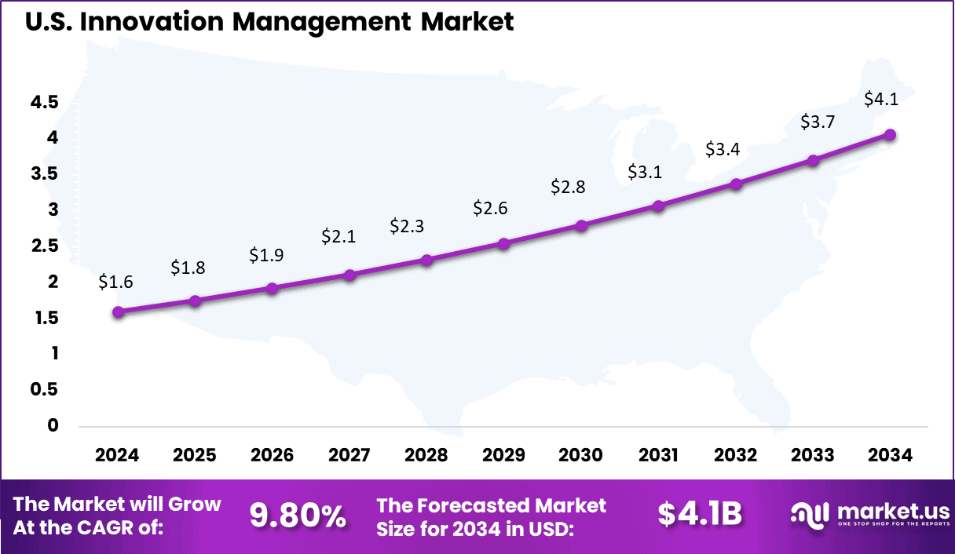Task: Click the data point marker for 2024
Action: click(x=118, y=312)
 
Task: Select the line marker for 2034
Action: click(x=890, y=135)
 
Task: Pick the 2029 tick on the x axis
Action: click(x=504, y=455)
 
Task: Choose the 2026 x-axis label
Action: click(x=273, y=455)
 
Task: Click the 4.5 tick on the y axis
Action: click(x=44, y=102)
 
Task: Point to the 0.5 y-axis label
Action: click(x=44, y=390)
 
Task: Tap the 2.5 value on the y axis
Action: click(x=44, y=246)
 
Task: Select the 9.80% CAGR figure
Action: click(x=298, y=516)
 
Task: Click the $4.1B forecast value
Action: click(x=700, y=515)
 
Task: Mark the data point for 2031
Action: click(x=658, y=206)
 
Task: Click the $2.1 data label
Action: click(x=338, y=236)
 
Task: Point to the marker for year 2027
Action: click(x=349, y=275)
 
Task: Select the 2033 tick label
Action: click(x=813, y=455)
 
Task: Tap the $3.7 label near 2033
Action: click(x=817, y=122)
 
